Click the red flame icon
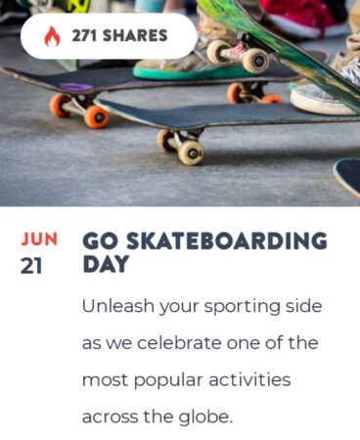[x=52, y=36]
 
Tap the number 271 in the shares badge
[x=84, y=35]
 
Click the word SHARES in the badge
[x=135, y=35]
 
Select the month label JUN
[x=39, y=239]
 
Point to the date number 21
[x=31, y=266]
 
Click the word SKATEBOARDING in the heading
[x=226, y=241]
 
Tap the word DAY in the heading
[x=106, y=264]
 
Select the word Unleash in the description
[x=117, y=306]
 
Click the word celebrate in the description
[x=179, y=342]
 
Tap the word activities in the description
[x=249, y=379]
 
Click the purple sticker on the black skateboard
[x=76, y=87]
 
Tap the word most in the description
[x=105, y=380]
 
